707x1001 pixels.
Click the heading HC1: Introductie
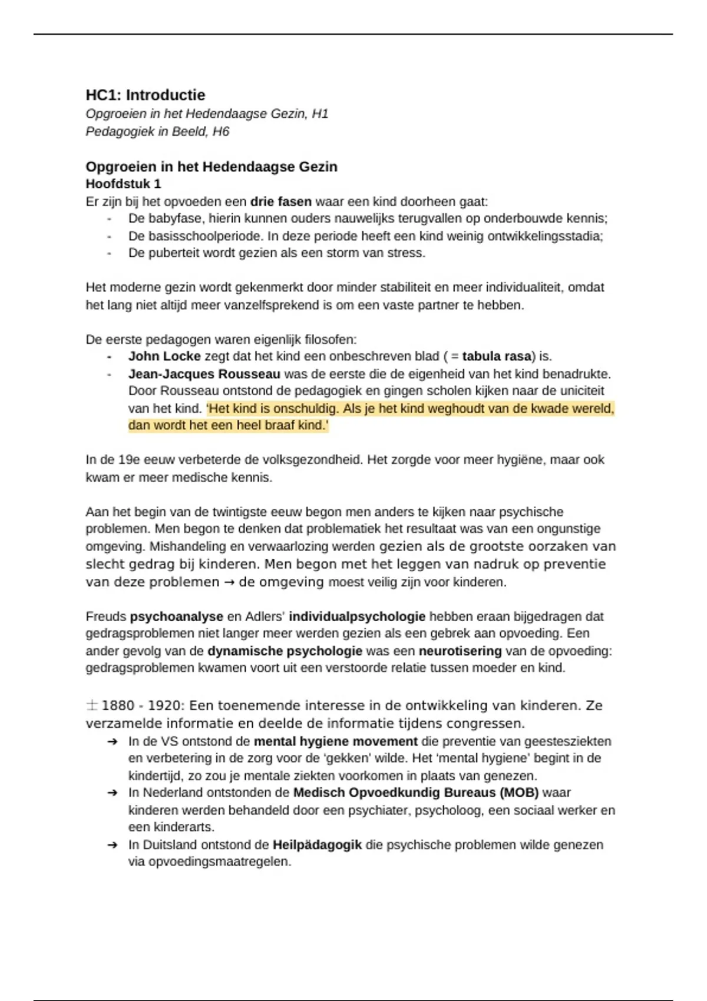pos(146,95)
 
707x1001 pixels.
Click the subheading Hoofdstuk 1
pos(123,184)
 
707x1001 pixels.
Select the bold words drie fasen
pos(280,201)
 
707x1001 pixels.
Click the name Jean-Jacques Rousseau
pos(204,374)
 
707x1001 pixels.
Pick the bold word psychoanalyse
pos(176,616)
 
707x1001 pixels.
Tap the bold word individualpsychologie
pos(357,616)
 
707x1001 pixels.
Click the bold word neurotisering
pos(460,651)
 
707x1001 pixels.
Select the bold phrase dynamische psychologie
pos(285,651)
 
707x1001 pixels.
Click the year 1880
pos(118,705)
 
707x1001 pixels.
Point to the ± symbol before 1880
pos(92,705)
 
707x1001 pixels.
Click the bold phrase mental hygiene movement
pos(335,741)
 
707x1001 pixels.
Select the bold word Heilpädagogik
pos(317,844)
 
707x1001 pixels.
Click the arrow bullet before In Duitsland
pos(113,845)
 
